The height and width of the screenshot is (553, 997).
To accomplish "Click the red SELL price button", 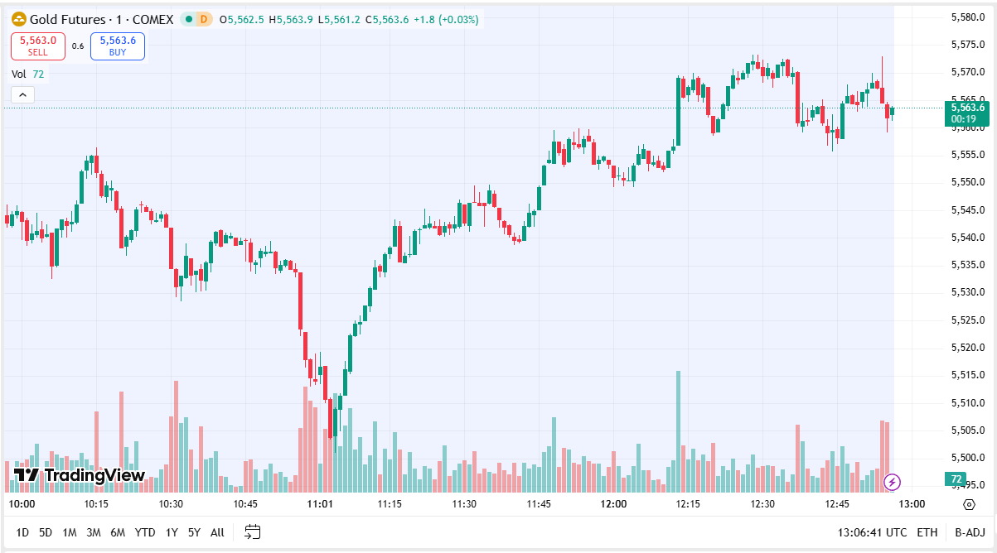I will pyautogui.click(x=38, y=46).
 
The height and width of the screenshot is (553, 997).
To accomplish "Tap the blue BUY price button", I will pyautogui.click(x=118, y=46).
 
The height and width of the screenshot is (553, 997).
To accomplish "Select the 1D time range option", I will pyautogui.click(x=22, y=532).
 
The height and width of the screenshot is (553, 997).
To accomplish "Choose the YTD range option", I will pyautogui.click(x=145, y=532).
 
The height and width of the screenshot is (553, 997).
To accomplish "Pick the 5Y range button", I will pyautogui.click(x=194, y=532).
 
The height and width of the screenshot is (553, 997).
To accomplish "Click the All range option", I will pyautogui.click(x=217, y=532).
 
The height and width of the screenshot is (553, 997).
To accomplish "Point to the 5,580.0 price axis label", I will pyautogui.click(x=966, y=17).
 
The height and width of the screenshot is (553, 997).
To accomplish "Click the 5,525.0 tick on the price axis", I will pyautogui.click(x=966, y=320).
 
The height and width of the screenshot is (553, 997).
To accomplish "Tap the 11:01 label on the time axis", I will pyautogui.click(x=320, y=504).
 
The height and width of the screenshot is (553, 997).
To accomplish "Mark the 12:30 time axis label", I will pyautogui.click(x=762, y=504).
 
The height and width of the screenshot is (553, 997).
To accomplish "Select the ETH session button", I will pyautogui.click(x=927, y=532).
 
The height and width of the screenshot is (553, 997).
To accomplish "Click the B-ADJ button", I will pyautogui.click(x=969, y=532).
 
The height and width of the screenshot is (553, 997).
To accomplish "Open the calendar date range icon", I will pyautogui.click(x=253, y=532).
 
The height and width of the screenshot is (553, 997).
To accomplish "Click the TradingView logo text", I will pyautogui.click(x=80, y=475).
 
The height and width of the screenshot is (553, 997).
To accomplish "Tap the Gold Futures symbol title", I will pyautogui.click(x=92, y=19).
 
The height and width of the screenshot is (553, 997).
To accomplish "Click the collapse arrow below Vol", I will pyautogui.click(x=22, y=94).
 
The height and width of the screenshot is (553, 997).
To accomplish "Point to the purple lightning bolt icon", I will pyautogui.click(x=893, y=481).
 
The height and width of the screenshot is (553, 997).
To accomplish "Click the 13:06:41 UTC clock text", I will pyautogui.click(x=872, y=532).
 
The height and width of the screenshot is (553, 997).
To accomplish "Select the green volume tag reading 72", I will pyautogui.click(x=956, y=478).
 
